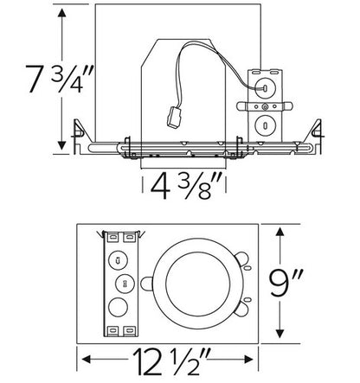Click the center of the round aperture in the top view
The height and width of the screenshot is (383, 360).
click(197, 281)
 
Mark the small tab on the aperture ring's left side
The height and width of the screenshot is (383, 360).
click(151, 280)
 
